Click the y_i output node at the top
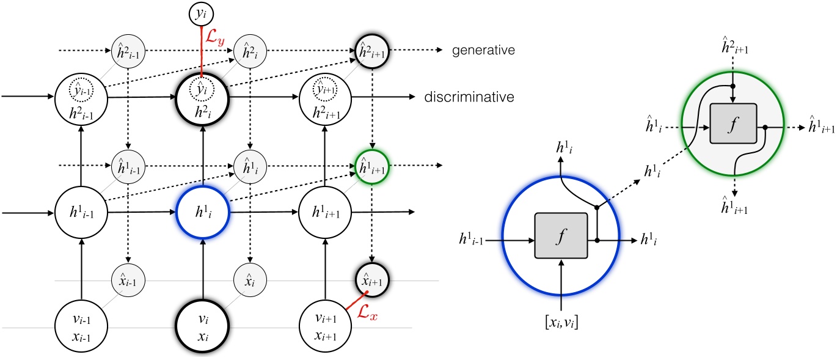click(x=202, y=13)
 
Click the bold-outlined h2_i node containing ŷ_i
click(x=202, y=97)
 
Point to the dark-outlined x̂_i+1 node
click(x=372, y=282)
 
